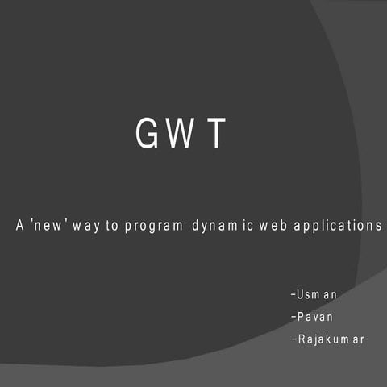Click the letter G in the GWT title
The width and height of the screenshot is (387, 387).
pyautogui.click(x=146, y=135)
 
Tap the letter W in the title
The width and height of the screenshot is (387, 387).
pyautogui.click(x=180, y=135)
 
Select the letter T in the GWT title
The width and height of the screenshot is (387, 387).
pyautogui.click(x=214, y=135)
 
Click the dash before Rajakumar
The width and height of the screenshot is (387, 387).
pyautogui.click(x=293, y=339)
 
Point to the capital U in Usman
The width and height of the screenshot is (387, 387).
pyautogui.click(x=300, y=294)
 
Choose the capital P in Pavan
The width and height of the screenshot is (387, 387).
pyautogui.click(x=300, y=317)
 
